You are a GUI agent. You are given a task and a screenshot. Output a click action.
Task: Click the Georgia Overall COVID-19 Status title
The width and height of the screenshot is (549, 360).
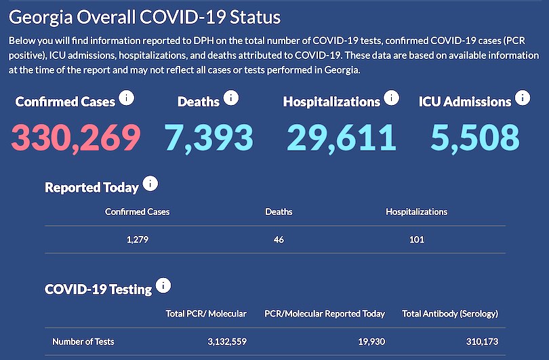[145, 17]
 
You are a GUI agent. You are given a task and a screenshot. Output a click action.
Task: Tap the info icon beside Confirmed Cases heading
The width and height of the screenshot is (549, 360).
[126, 98]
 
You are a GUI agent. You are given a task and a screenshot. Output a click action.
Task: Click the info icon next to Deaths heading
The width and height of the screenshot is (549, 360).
[230, 98]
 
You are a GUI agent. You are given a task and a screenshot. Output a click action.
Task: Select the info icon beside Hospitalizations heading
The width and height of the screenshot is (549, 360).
[391, 98]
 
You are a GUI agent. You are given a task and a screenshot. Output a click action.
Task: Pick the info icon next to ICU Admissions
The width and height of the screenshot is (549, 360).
[522, 98]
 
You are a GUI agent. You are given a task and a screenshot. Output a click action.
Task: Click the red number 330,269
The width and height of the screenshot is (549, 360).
[76, 137]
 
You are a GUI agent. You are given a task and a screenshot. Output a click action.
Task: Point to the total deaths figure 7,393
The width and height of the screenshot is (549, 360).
[209, 137]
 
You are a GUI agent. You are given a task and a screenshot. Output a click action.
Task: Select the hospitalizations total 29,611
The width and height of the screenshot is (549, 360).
[341, 137]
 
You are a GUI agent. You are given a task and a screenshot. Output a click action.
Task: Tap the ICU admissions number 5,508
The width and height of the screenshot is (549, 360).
[475, 137]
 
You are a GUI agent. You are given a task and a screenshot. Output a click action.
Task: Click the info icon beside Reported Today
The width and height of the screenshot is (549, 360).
[150, 184]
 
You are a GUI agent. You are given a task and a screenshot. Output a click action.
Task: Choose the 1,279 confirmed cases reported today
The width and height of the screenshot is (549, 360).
[138, 239]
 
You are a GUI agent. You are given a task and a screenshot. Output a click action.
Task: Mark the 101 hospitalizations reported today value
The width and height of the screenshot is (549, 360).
[416, 239]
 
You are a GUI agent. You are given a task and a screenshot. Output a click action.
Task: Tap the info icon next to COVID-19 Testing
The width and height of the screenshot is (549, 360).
[163, 285]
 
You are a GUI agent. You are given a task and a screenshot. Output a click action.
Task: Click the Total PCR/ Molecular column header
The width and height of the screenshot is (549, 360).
[206, 314]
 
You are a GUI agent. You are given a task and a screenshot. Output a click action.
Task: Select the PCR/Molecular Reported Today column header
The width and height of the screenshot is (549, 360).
[325, 314]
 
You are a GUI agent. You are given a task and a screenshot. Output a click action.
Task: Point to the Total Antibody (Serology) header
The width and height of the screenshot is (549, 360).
[450, 314]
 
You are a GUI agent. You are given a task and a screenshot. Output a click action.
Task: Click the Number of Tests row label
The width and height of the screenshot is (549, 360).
[83, 342]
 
